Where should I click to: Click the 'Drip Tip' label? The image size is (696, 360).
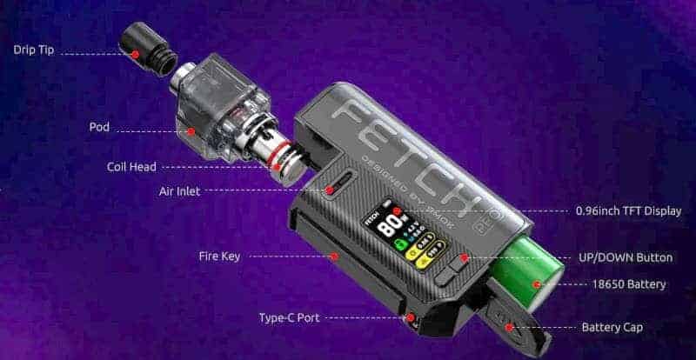[34, 50]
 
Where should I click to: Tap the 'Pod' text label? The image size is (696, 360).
[99, 128]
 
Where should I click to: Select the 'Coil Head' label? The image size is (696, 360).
[130, 166]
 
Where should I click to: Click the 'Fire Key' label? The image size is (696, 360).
[219, 257]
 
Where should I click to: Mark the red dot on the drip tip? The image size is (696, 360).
[136, 54]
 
